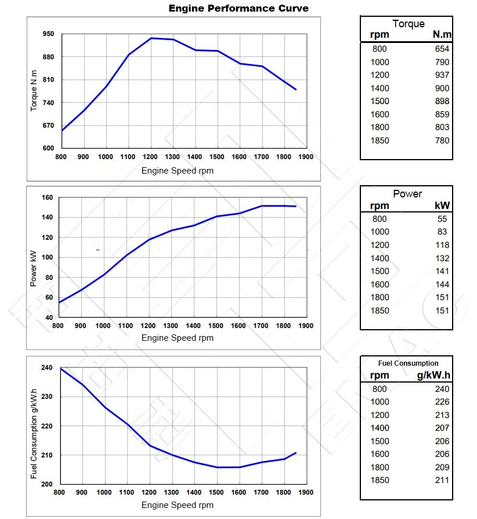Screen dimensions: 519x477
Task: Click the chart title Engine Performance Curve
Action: (x=238, y=8)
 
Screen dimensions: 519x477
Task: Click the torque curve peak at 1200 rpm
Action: (x=151, y=38)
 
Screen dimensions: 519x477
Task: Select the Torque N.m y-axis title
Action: (x=34, y=90)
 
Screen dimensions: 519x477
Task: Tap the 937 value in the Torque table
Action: (x=442, y=75)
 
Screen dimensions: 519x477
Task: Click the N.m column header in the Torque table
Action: (x=442, y=35)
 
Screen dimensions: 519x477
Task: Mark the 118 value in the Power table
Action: (x=442, y=245)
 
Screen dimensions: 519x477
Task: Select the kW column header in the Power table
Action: (x=442, y=206)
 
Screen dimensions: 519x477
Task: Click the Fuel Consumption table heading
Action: (x=408, y=363)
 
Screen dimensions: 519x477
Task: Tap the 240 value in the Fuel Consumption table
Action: (x=442, y=389)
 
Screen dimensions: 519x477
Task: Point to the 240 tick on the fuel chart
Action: (x=47, y=368)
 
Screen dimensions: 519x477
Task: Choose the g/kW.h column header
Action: (x=433, y=375)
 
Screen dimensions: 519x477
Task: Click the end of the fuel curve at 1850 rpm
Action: (x=296, y=453)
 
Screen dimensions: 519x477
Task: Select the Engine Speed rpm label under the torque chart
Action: (x=177, y=171)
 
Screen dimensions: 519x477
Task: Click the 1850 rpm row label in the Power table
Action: (x=380, y=311)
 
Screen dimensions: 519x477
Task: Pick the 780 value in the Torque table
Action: (x=442, y=140)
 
